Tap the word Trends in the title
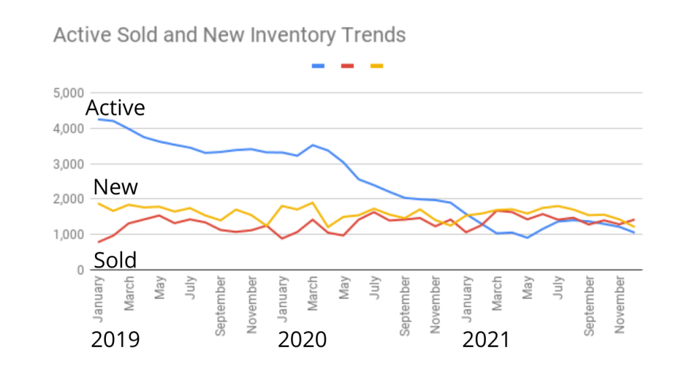pos(375,35)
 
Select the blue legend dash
pos(318,66)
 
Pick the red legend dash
pos(347,66)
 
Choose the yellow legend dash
pos(377,66)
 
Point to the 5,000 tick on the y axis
pos(68,93)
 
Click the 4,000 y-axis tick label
pos(68,128)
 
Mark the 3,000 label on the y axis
pos(68,164)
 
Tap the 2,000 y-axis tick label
pos(68,199)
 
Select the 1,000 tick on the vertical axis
pos(68,234)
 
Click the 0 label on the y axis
pos(79,269)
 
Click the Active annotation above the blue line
pos(115,108)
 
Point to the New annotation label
pos(115,187)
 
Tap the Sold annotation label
pos(115,260)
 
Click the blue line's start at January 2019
pos(99,119)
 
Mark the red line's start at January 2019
pos(99,242)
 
